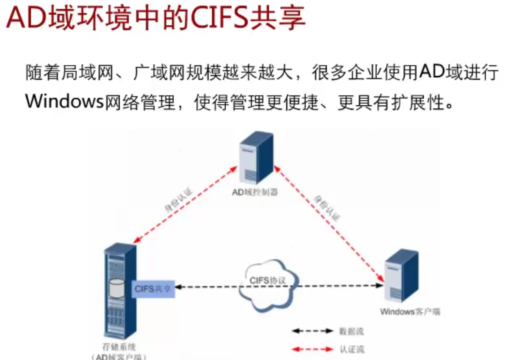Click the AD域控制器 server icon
point(256,158)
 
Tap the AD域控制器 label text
point(255,192)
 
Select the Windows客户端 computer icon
point(401,276)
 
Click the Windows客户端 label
point(410,312)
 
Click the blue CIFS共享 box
point(153,289)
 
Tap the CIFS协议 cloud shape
point(267,285)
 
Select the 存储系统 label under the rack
point(119,347)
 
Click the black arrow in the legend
point(312,331)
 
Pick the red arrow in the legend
point(312,350)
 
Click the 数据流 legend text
point(351,331)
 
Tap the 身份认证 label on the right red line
point(326,208)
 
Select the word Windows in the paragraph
point(64,101)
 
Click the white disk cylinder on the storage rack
point(116,288)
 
